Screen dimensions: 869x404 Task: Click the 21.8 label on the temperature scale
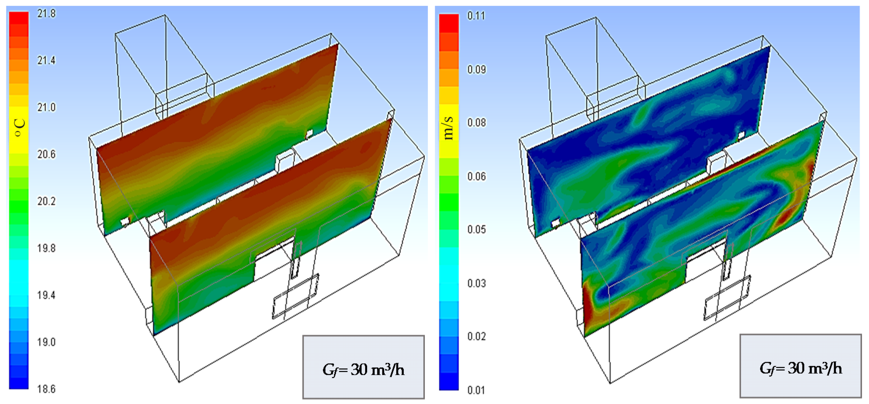click(x=46, y=14)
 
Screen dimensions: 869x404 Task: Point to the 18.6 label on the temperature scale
click(x=46, y=389)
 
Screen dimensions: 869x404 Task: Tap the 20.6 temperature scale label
click(x=46, y=154)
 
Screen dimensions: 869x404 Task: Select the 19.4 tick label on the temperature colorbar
click(x=46, y=295)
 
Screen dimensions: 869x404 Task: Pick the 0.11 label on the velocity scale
click(x=476, y=16)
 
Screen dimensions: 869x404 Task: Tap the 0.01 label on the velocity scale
click(x=476, y=390)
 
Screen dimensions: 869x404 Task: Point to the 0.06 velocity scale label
click(x=476, y=176)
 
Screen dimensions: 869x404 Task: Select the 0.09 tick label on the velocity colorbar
click(x=476, y=69)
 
